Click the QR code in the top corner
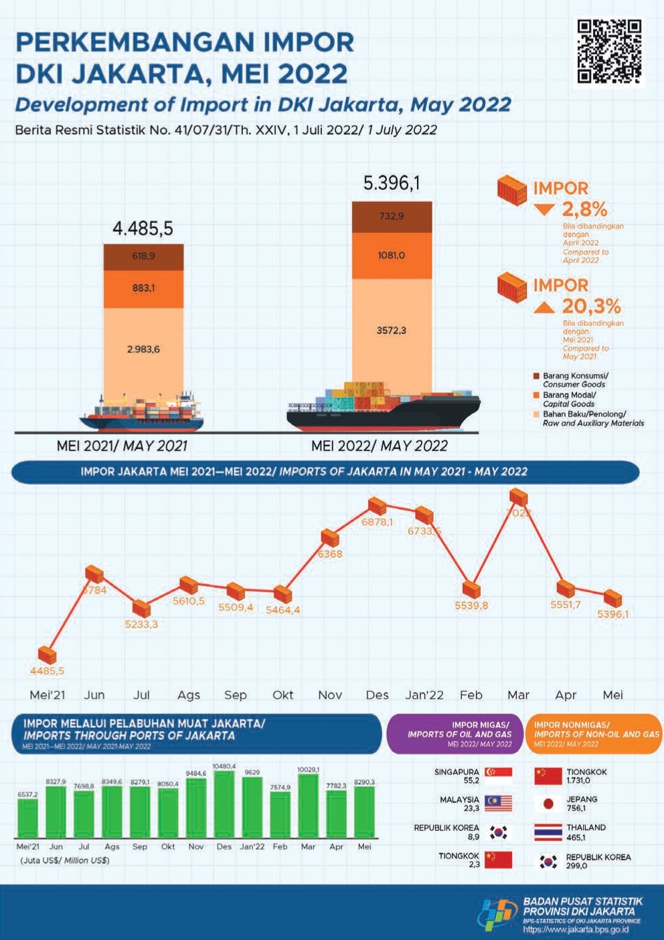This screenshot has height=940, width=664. point(609,52)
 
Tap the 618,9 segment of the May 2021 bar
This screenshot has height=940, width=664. point(143,256)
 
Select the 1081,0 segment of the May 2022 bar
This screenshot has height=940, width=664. point(392,256)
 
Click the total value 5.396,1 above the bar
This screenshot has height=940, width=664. point(392,183)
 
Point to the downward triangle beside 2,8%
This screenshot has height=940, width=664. point(544,209)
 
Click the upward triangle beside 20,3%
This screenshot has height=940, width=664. point(544,307)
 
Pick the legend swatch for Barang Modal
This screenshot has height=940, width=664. point(536,395)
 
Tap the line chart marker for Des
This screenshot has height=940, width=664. point(378,506)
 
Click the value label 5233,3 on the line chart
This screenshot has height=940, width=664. point(141,624)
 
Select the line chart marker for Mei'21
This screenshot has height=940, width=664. point(47,654)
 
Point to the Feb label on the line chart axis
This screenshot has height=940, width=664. point(471,695)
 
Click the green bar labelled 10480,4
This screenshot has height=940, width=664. point(224,804)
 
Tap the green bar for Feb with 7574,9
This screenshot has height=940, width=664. point(280,814)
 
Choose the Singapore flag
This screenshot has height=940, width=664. point(498,776)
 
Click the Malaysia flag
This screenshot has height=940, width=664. point(498,804)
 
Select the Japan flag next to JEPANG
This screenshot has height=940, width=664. point(548,804)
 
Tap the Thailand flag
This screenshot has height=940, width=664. point(548,832)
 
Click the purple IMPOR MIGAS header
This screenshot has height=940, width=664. point(455,734)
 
